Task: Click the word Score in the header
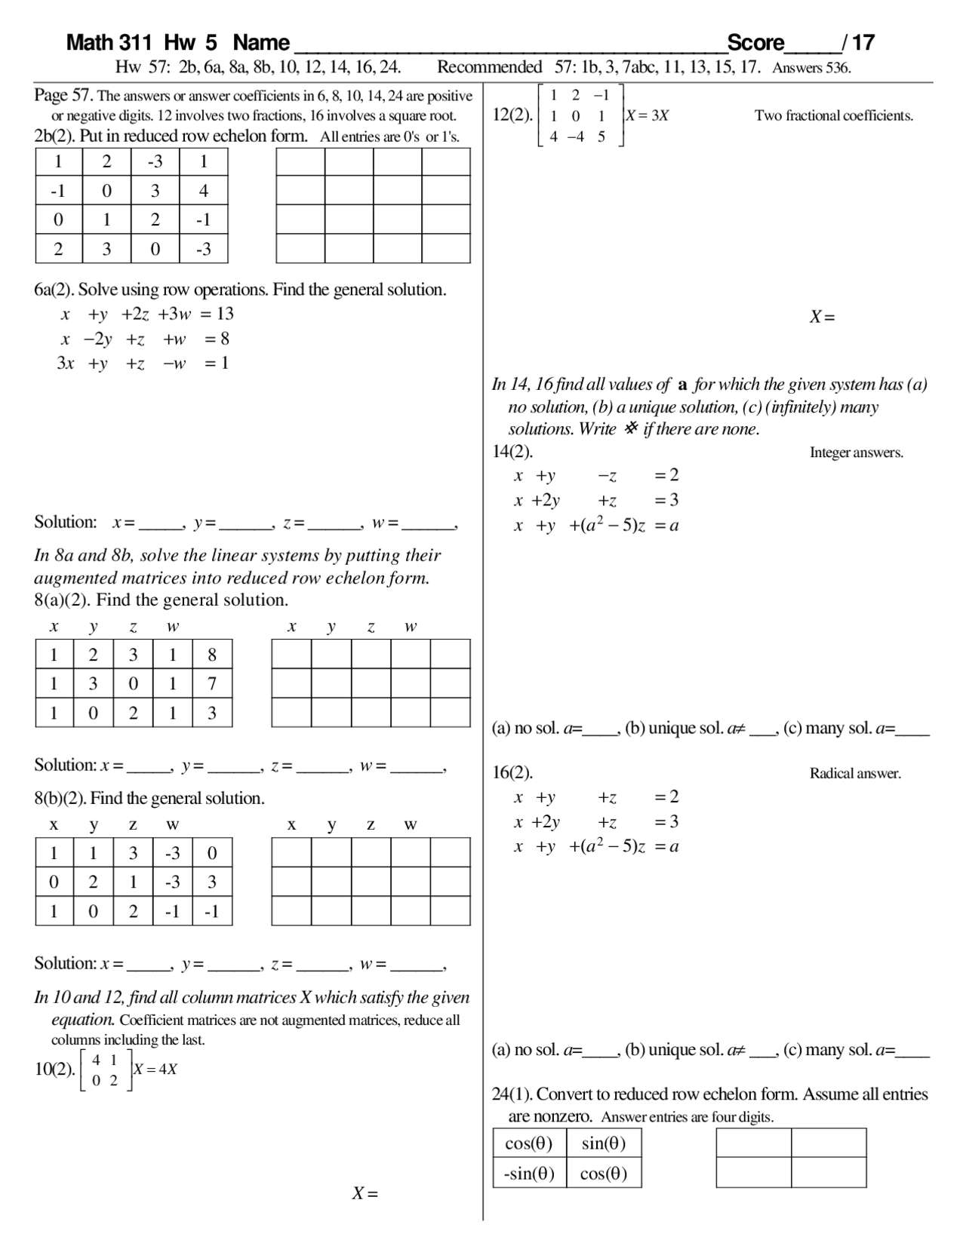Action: (x=755, y=42)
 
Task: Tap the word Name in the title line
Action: (x=261, y=42)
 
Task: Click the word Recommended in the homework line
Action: (x=489, y=67)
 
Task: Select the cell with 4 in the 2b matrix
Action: (x=203, y=191)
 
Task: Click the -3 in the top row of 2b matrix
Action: (x=155, y=161)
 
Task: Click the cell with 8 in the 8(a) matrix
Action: (x=212, y=655)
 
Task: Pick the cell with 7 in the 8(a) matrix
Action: (x=212, y=683)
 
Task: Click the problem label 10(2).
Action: (x=55, y=1069)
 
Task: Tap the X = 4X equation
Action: (x=155, y=1069)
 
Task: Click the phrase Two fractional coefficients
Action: (x=833, y=115)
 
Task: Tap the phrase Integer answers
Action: (x=856, y=453)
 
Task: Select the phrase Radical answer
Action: (x=855, y=773)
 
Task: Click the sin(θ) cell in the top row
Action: (x=604, y=1143)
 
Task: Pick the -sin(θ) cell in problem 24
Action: (x=529, y=1174)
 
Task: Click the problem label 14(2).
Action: (x=512, y=452)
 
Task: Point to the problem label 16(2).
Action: (x=512, y=772)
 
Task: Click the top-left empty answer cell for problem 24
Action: (x=753, y=1143)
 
